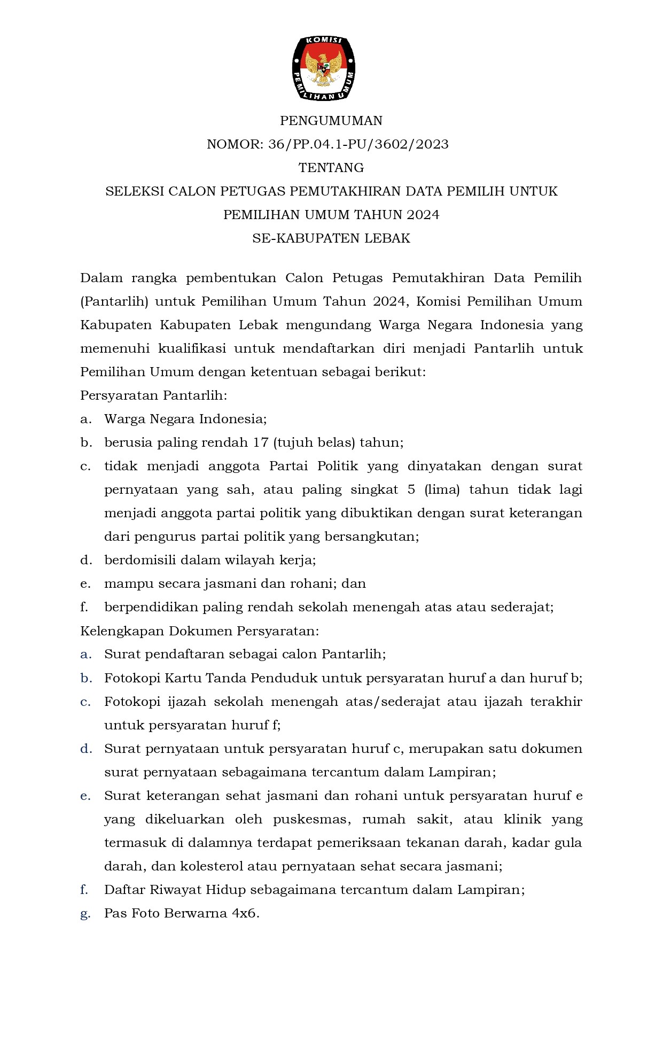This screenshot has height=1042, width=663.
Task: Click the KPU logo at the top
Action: click(x=324, y=68)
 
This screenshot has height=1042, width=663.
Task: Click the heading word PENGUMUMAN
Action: click(x=331, y=121)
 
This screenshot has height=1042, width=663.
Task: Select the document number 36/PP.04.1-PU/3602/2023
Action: click(x=357, y=144)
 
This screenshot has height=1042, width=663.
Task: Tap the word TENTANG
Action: click(x=331, y=168)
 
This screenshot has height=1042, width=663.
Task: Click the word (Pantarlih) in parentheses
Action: click(x=114, y=301)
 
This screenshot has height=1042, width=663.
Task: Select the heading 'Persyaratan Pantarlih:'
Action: click(x=153, y=395)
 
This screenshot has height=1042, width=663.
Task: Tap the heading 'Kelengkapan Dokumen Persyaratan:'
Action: click(x=199, y=631)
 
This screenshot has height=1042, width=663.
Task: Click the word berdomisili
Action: click(x=140, y=560)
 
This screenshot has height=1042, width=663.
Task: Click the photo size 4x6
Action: click(x=245, y=913)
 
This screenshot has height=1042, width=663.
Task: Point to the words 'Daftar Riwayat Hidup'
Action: click(x=174, y=890)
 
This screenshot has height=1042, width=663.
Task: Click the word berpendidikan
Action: click(x=146, y=608)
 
